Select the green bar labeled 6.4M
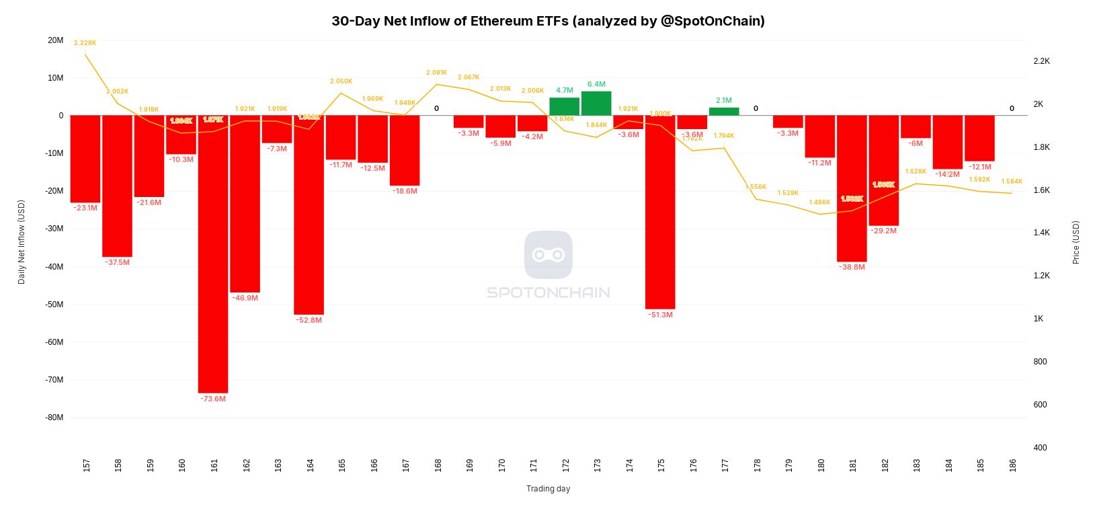point(596,104)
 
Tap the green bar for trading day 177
point(724,112)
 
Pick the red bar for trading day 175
point(660,212)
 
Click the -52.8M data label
point(309,320)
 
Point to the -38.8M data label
point(852,267)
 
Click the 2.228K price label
point(85,43)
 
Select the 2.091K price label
point(436,73)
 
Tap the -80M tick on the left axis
point(55,418)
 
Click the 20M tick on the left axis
point(56,40)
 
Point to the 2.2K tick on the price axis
point(1041,61)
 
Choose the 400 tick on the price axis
point(1040,448)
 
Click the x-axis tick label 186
point(1012,465)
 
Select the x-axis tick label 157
point(86,465)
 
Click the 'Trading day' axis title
point(548,489)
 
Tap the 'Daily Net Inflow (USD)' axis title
point(22,242)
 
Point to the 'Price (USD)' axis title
point(1075,242)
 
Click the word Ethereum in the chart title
point(500,21)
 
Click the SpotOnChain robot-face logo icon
point(548,255)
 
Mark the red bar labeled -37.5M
point(117,186)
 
